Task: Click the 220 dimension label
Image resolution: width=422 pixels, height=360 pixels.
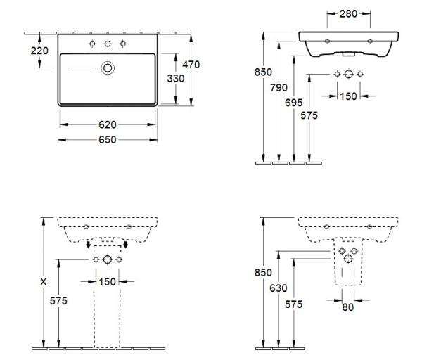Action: (x=39, y=51)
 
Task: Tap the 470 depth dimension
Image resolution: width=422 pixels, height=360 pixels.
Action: (x=191, y=65)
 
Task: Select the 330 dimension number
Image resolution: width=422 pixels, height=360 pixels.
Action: (x=175, y=79)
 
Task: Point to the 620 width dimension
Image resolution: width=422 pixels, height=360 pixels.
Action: (x=108, y=124)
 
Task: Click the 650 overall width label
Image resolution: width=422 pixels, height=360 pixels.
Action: (x=108, y=140)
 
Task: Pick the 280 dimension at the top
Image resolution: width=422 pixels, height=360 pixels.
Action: (x=348, y=14)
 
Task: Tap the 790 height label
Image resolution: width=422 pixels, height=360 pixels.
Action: (x=279, y=88)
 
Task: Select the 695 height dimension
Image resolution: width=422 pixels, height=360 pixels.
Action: (x=293, y=103)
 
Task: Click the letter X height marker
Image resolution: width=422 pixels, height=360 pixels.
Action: (x=43, y=282)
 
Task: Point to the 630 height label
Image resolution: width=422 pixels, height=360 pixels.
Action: (x=279, y=288)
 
